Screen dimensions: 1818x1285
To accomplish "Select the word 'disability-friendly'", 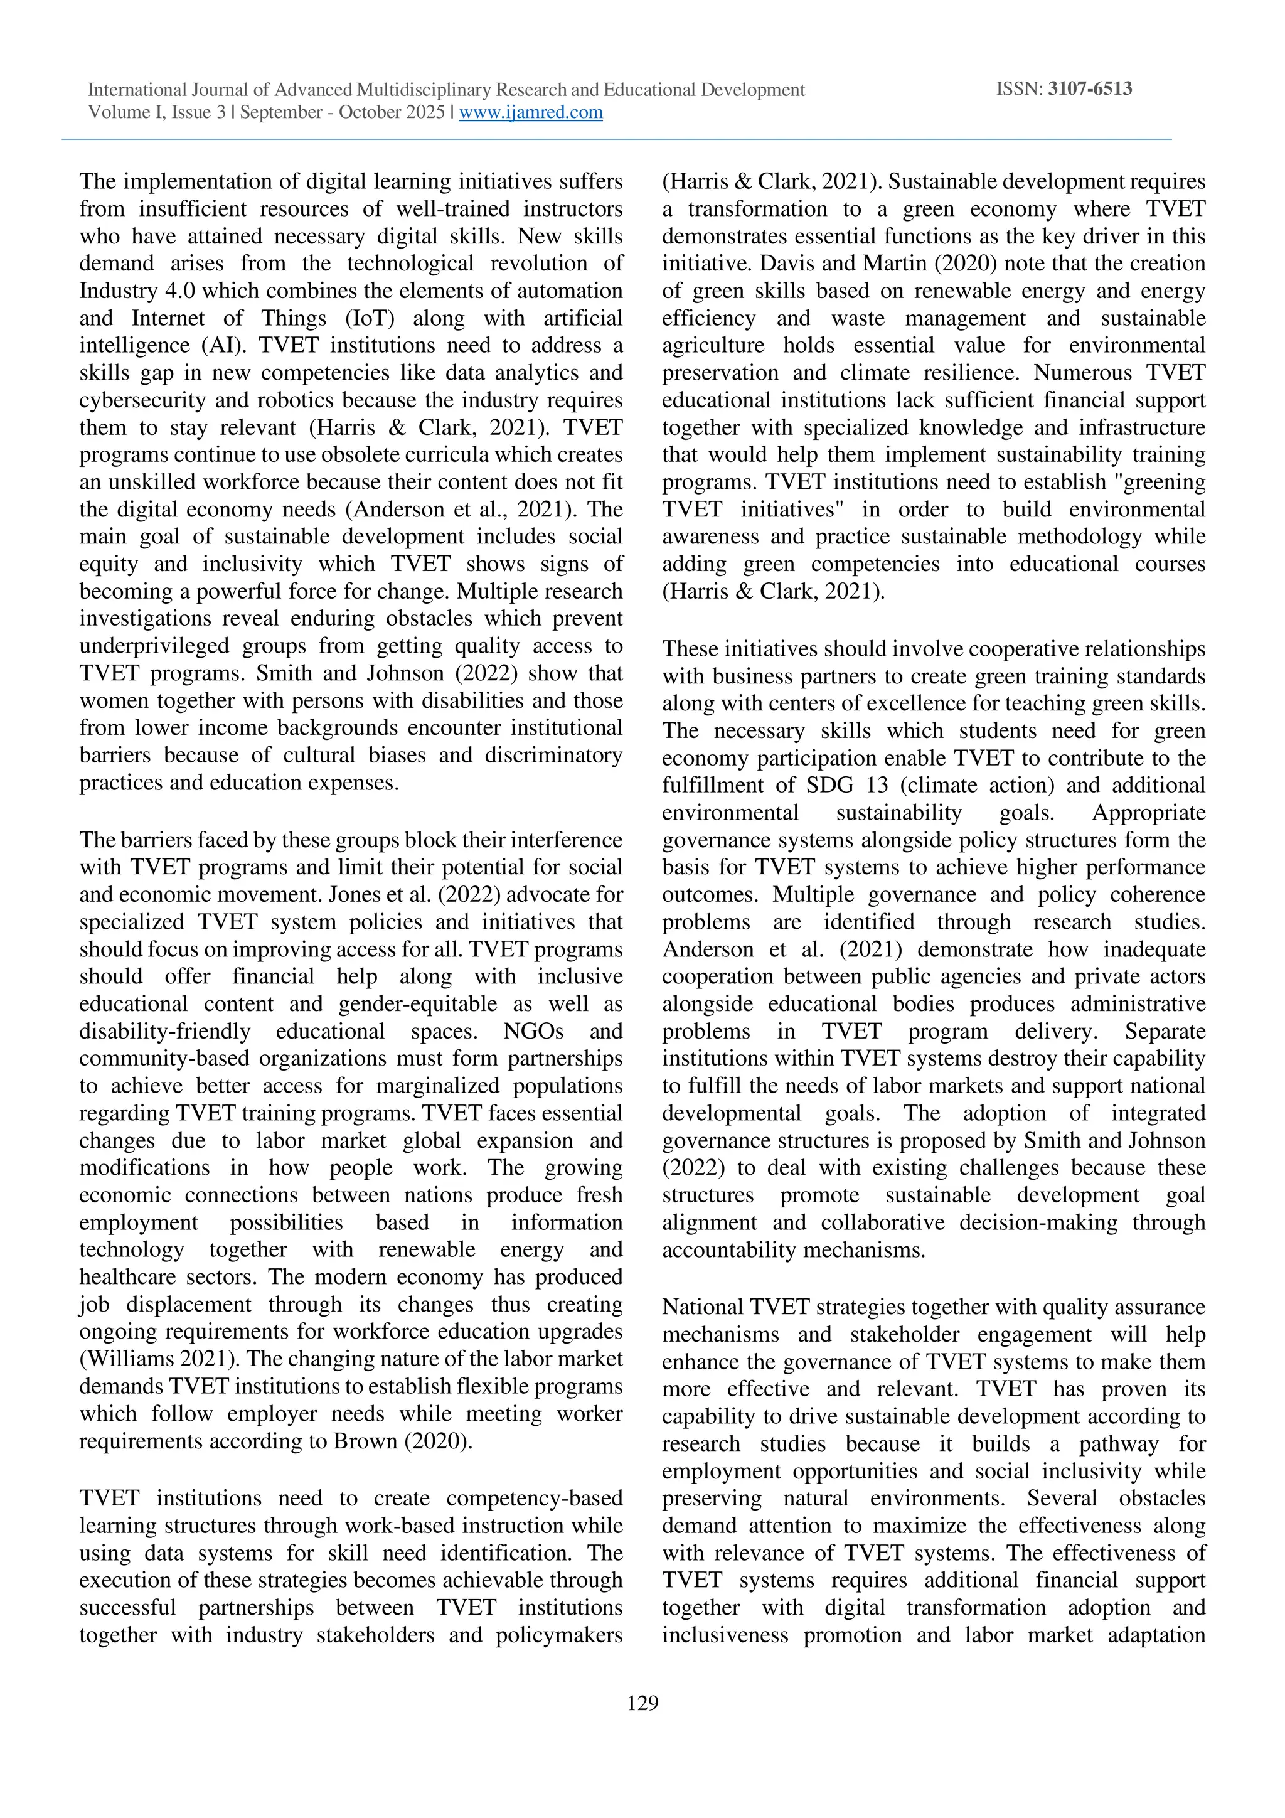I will coord(164,1031).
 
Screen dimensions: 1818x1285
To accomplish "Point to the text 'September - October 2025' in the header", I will coord(342,112).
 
